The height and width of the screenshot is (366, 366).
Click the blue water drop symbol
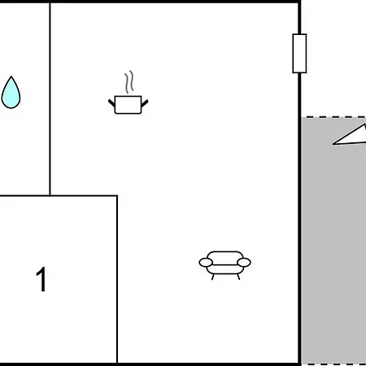click(11, 94)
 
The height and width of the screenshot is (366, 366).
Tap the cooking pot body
click(128, 105)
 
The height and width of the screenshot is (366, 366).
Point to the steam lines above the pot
click(129, 82)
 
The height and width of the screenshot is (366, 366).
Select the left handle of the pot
click(111, 102)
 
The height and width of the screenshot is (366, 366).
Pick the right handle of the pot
click(145, 103)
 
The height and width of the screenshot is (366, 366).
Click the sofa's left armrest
click(206, 263)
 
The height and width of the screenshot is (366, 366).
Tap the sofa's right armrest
click(244, 263)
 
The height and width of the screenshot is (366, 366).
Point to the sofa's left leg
click(213, 277)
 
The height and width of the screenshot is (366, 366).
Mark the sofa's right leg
click(238, 277)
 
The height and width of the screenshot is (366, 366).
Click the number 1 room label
click(41, 279)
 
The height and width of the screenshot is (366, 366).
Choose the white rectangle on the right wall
click(299, 54)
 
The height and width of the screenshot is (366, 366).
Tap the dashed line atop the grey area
click(333, 117)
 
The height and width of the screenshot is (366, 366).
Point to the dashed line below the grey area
click(333, 364)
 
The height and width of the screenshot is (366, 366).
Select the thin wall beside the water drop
click(50, 98)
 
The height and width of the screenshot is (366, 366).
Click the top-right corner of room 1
click(117, 195)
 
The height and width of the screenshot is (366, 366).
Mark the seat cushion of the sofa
click(224, 269)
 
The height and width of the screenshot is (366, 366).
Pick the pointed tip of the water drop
click(11, 76)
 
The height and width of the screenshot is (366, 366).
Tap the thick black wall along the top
click(150, 2)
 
